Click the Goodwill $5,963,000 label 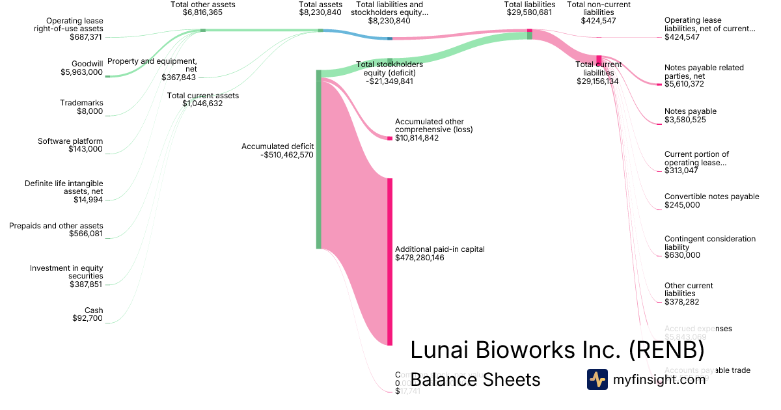pyautogui.click(x=81, y=68)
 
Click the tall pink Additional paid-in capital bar pyautogui.click(x=390, y=260)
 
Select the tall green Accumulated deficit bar pyautogui.click(x=319, y=159)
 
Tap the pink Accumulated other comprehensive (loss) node pyautogui.click(x=390, y=138)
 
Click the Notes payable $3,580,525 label pyautogui.click(x=691, y=116)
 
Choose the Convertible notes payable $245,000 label pyautogui.click(x=711, y=200)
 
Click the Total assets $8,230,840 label pyautogui.click(x=320, y=8)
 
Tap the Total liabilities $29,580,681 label pyautogui.click(x=530, y=8)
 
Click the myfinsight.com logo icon pyautogui.click(x=597, y=379)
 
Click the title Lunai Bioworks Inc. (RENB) pyautogui.click(x=557, y=350)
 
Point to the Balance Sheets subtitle pyautogui.click(x=475, y=380)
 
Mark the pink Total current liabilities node pyautogui.click(x=599, y=60)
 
